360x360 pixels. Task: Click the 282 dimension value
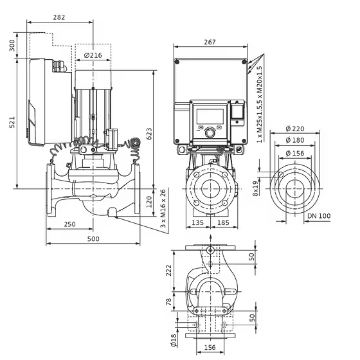point(59,17)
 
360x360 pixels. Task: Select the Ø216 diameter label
point(93,55)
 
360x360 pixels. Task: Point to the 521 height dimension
point(12,122)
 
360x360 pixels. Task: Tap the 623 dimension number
point(149,134)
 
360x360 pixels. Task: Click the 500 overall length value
point(93,239)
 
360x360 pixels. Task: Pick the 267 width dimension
point(210,42)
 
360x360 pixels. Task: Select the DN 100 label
point(319,216)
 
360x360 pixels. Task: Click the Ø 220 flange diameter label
point(295,129)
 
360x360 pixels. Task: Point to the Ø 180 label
point(295,140)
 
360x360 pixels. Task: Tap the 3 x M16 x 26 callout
point(163,208)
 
